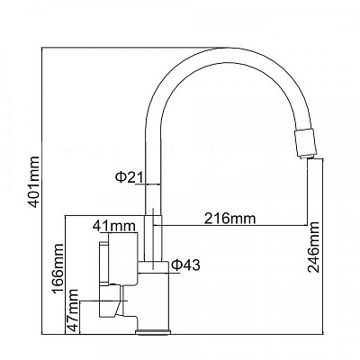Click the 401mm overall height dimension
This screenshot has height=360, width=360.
click(x=34, y=182)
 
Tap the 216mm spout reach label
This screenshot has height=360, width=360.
click(x=229, y=218)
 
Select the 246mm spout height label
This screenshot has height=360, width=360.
click(x=314, y=247)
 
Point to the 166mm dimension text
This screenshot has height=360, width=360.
click(x=58, y=269)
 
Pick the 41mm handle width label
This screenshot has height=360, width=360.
click(x=114, y=226)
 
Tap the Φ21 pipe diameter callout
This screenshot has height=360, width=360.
click(x=130, y=177)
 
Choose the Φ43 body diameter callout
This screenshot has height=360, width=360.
click(x=185, y=265)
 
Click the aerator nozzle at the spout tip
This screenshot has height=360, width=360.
click(x=305, y=143)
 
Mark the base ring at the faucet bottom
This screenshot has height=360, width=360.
click(x=153, y=332)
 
